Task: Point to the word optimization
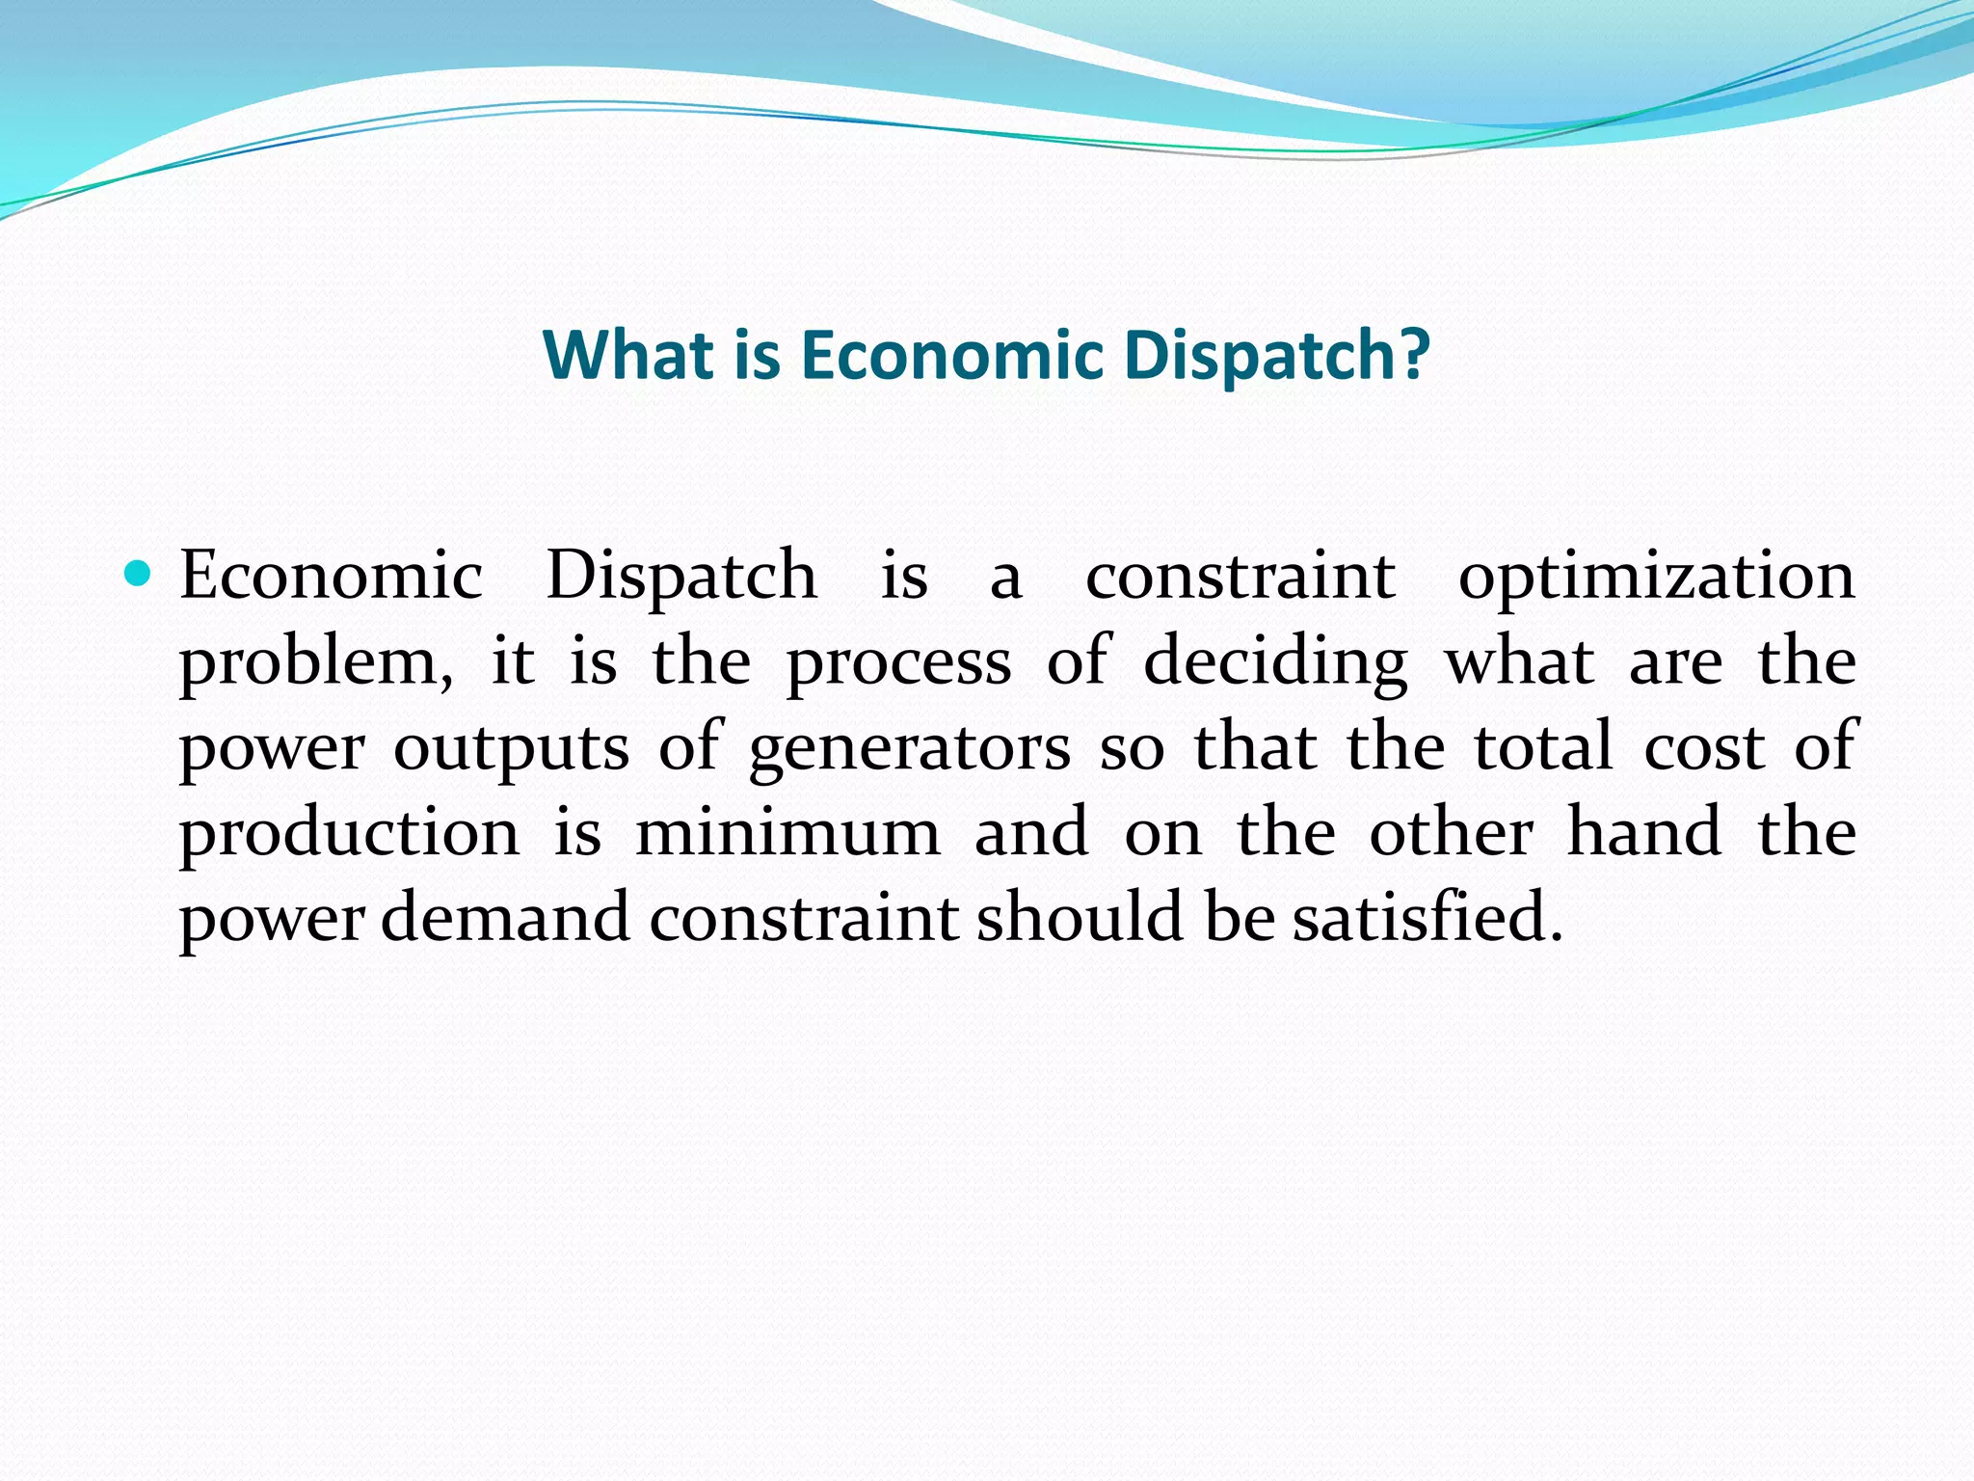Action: tap(1656, 577)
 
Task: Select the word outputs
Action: tap(511, 748)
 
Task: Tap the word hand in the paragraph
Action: tap(1644, 831)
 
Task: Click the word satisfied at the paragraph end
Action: tap(1426, 917)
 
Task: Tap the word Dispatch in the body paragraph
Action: tap(681, 577)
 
